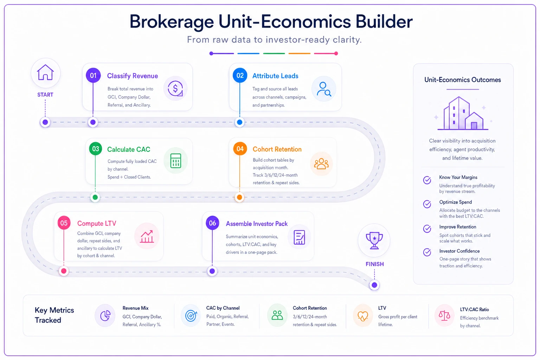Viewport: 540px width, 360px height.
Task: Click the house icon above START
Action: [x=45, y=72]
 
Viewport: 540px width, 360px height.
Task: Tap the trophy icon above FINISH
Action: [x=374, y=240]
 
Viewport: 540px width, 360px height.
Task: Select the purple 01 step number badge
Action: [x=93, y=76]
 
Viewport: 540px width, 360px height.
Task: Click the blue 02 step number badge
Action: [x=240, y=76]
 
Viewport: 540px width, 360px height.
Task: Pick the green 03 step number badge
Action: [x=96, y=149]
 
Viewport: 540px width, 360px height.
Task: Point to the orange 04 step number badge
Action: [x=240, y=149]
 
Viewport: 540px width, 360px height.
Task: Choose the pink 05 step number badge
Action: [x=64, y=223]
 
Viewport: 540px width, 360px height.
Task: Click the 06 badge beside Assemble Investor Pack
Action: [x=212, y=223]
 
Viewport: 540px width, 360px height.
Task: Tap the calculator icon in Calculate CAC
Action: [x=176, y=161]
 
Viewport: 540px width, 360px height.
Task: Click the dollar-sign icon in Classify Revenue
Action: [x=175, y=89]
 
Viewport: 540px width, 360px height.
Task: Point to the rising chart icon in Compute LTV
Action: [x=147, y=236]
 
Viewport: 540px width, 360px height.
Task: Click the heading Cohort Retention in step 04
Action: [x=277, y=149]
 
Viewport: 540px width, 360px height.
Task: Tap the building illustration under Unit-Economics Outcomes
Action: [x=463, y=113]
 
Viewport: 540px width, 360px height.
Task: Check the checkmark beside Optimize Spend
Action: [x=427, y=204]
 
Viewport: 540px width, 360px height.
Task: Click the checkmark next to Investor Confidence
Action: [x=427, y=252]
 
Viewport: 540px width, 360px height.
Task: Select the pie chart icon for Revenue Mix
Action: [x=105, y=316]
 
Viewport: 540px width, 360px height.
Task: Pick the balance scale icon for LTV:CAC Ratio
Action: [x=444, y=315]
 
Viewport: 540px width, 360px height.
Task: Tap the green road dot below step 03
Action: [x=95, y=197]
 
